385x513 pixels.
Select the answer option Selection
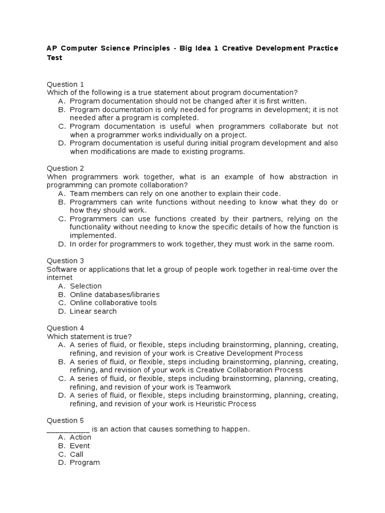pyautogui.click(x=86, y=286)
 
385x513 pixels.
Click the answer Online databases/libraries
pyautogui.click(x=115, y=295)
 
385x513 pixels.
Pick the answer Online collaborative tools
pyautogui.click(x=113, y=303)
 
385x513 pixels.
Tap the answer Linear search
pyautogui.click(x=93, y=311)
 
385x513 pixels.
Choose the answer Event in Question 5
pyautogui.click(x=80, y=446)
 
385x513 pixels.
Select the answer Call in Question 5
pyautogui.click(x=77, y=454)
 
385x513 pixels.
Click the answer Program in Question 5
pyautogui.click(x=85, y=462)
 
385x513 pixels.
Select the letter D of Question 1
pyautogui.click(x=62, y=143)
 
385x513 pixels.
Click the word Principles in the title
pyautogui.click(x=157, y=48)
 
